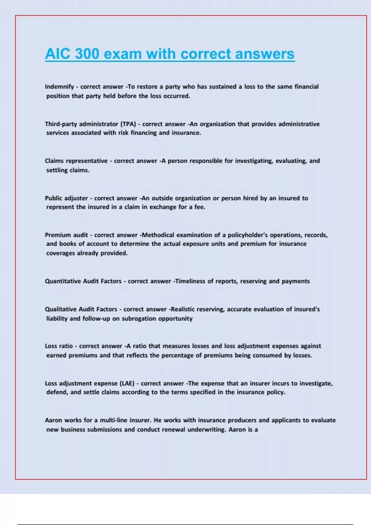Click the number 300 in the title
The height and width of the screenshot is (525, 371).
87,54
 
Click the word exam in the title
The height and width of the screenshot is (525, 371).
123,54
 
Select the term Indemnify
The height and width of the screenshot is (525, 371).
59,87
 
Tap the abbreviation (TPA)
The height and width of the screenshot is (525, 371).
128,124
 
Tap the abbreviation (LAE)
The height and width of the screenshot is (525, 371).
127,384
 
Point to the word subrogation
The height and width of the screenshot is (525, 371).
139,319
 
